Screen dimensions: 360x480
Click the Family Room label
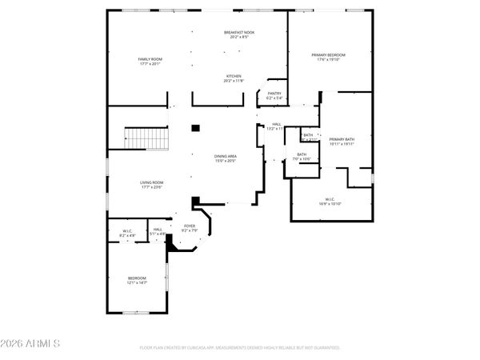pyautogui.click(x=150, y=59)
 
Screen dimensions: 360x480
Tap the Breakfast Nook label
pyautogui.click(x=238, y=31)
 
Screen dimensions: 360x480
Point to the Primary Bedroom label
pyautogui.click(x=330, y=54)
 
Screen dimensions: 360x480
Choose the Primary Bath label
pyautogui.click(x=342, y=139)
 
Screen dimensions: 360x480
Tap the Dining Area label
pyautogui.click(x=226, y=155)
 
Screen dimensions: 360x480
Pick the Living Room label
pyautogui.click(x=152, y=182)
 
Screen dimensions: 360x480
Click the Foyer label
pyautogui.click(x=190, y=226)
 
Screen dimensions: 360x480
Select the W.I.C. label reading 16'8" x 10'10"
pyautogui.click(x=330, y=199)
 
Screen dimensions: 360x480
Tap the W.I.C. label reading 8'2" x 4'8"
pyautogui.click(x=127, y=231)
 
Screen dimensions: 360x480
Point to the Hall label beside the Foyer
pyautogui.click(x=158, y=230)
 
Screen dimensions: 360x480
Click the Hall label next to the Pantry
pyautogui.click(x=276, y=124)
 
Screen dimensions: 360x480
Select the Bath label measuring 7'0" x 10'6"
pyautogui.click(x=302, y=154)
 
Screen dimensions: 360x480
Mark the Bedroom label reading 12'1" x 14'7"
pyautogui.click(x=138, y=278)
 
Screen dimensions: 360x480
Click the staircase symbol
pyautogui.click(x=146, y=138)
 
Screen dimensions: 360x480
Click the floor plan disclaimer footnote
pyautogui.click(x=240, y=348)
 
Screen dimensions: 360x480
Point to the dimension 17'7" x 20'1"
pyautogui.click(x=150, y=64)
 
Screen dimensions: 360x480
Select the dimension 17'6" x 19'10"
pyautogui.click(x=330, y=59)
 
